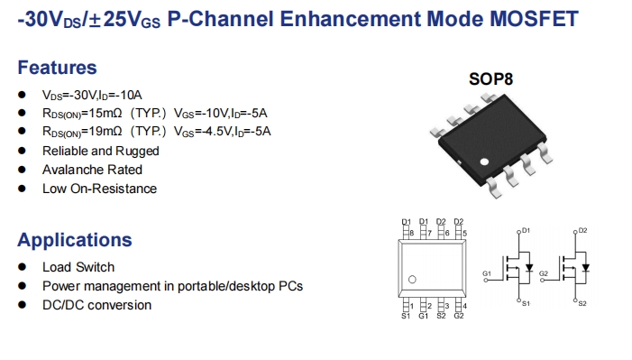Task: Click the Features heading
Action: click(x=57, y=68)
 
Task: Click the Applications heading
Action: click(x=75, y=240)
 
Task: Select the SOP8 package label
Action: click(x=490, y=78)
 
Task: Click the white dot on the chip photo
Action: click(x=483, y=163)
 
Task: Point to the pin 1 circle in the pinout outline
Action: click(x=413, y=280)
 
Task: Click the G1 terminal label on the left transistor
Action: click(x=487, y=272)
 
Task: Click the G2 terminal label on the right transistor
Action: click(x=543, y=272)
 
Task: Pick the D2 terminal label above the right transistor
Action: click(x=582, y=231)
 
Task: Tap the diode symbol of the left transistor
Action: click(x=532, y=267)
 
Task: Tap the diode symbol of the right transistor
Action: click(x=587, y=267)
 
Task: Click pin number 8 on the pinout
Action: click(x=412, y=233)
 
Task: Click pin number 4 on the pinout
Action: click(x=463, y=306)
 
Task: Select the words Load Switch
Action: click(x=78, y=267)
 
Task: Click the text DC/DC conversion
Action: click(x=96, y=305)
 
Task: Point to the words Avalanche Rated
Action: click(x=92, y=170)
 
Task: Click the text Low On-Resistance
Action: click(x=99, y=189)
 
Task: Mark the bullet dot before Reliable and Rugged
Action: click(x=22, y=152)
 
